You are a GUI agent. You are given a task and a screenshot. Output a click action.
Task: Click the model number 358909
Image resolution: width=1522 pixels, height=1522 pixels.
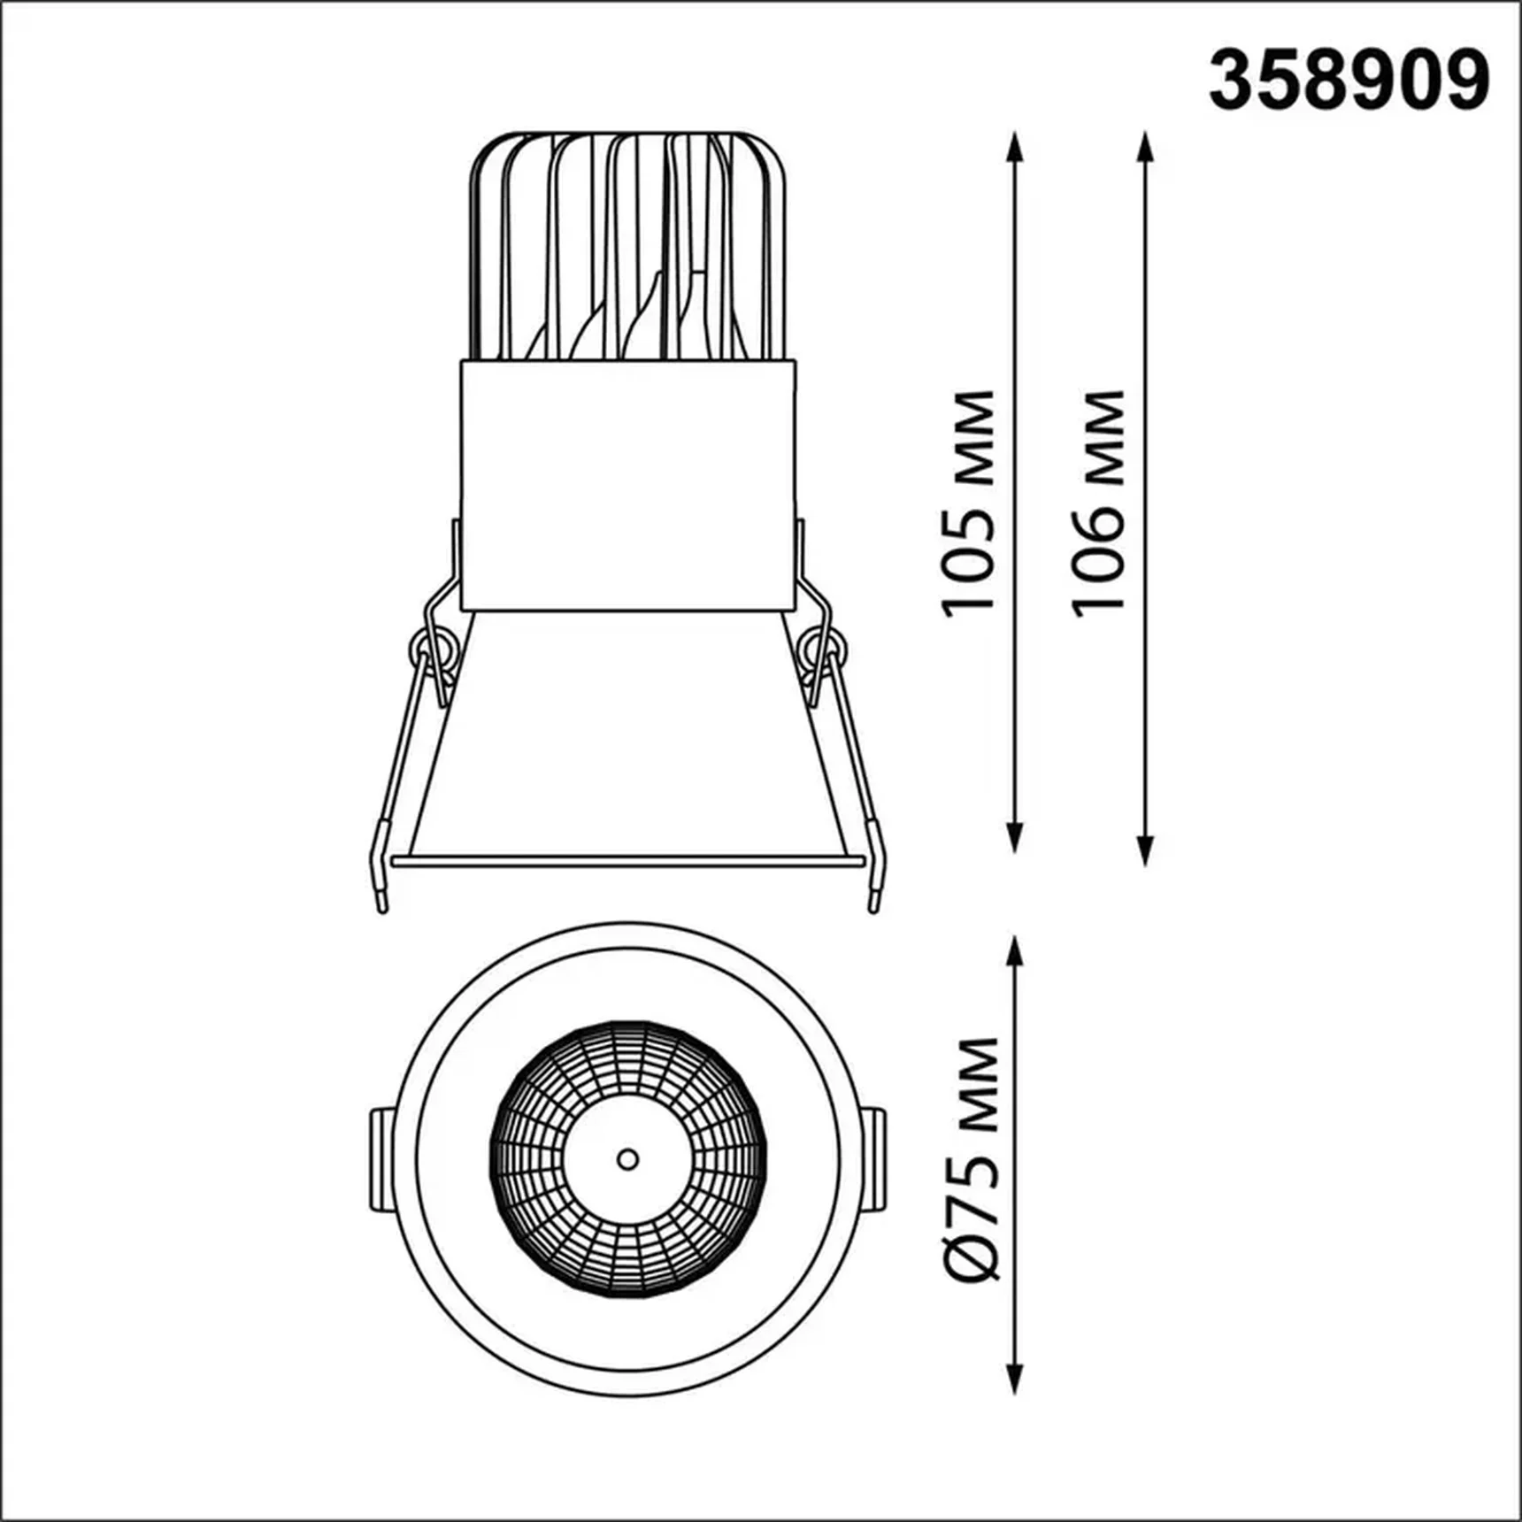click(x=1349, y=81)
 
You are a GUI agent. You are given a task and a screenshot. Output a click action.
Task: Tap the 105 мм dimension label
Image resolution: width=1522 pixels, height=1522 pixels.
click(x=968, y=503)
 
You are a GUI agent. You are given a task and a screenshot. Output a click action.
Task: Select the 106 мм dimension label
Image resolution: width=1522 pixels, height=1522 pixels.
click(x=1097, y=503)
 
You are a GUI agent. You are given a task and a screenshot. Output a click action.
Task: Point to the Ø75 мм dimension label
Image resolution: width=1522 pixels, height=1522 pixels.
click(x=973, y=1159)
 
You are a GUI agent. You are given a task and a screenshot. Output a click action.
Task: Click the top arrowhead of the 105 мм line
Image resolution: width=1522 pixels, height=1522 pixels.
click(x=1015, y=145)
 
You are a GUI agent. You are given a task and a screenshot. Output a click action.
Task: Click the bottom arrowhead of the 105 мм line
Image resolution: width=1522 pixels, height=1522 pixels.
click(x=1015, y=839)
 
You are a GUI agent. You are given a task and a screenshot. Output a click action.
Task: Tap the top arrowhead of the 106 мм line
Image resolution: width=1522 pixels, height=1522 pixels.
click(x=1146, y=145)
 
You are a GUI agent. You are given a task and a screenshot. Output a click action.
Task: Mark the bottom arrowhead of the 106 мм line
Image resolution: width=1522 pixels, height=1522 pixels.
click(x=1146, y=851)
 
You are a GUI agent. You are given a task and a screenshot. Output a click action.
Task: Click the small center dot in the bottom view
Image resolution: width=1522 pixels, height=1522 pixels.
click(x=627, y=1159)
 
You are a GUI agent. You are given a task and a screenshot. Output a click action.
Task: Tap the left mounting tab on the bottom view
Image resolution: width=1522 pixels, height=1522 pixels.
click(x=381, y=1159)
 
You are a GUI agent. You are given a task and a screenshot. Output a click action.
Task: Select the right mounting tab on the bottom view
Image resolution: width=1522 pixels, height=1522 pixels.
click(x=873, y=1159)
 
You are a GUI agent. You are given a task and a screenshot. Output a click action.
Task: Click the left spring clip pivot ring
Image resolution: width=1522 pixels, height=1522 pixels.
click(x=430, y=650)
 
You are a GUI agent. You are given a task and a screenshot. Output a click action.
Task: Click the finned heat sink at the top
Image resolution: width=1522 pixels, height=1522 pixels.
click(x=627, y=248)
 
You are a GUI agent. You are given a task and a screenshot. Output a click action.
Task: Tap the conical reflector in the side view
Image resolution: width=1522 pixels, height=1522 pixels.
click(x=627, y=734)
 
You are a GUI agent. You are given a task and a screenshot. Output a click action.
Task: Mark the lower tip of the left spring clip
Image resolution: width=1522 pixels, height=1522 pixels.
click(x=382, y=904)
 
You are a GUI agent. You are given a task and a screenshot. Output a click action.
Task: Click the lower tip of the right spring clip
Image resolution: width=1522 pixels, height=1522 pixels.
click(x=874, y=904)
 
